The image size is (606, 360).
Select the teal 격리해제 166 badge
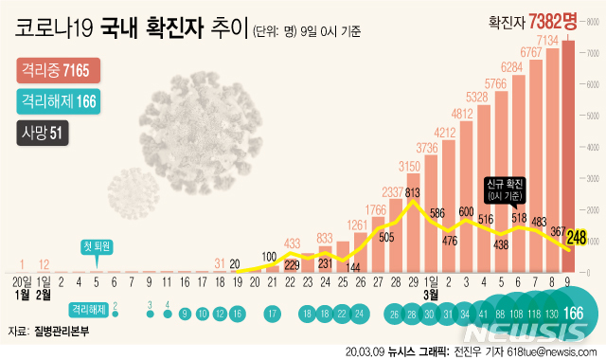59,101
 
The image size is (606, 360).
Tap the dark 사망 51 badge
39,133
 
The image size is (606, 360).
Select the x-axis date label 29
413,281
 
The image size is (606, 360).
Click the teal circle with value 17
271,313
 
